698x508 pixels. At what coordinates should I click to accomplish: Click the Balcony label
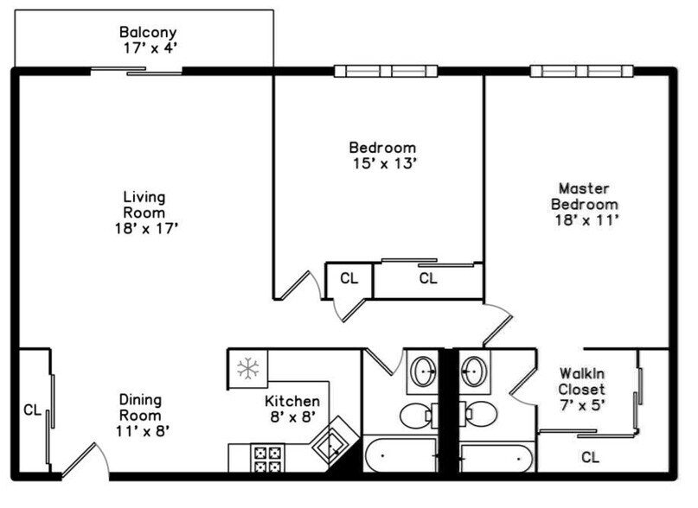[x=150, y=41]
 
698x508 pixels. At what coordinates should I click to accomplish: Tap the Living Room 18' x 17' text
[x=144, y=213]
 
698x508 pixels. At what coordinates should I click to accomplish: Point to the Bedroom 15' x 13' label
[x=382, y=155]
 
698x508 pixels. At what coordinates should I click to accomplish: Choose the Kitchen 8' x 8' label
[x=292, y=409]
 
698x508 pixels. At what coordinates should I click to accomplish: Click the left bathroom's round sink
[x=423, y=372]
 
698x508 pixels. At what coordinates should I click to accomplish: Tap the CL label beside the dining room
[x=32, y=410]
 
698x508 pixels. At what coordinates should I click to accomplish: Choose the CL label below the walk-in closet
[x=591, y=456]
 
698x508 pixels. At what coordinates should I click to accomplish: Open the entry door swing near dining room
[x=84, y=460]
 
